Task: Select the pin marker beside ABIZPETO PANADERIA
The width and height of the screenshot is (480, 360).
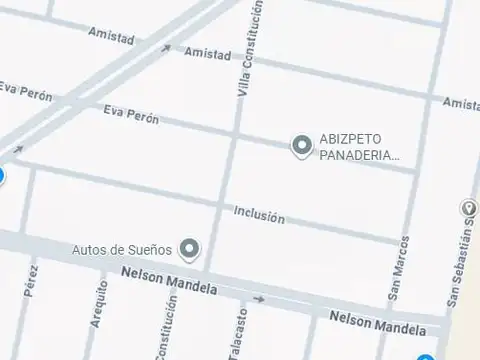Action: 301,147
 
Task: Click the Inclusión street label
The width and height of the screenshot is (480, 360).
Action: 259,216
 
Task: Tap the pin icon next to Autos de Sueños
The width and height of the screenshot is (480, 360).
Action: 189,248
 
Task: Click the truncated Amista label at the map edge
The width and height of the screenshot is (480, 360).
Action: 460,103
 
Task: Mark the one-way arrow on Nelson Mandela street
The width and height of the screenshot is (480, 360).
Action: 259,298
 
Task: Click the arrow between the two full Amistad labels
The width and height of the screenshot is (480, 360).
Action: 165,48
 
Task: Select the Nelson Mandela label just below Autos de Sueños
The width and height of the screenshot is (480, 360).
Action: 169,280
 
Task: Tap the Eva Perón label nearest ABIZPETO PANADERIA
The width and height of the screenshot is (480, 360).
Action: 131,117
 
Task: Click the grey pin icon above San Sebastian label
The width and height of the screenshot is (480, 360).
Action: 471,209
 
